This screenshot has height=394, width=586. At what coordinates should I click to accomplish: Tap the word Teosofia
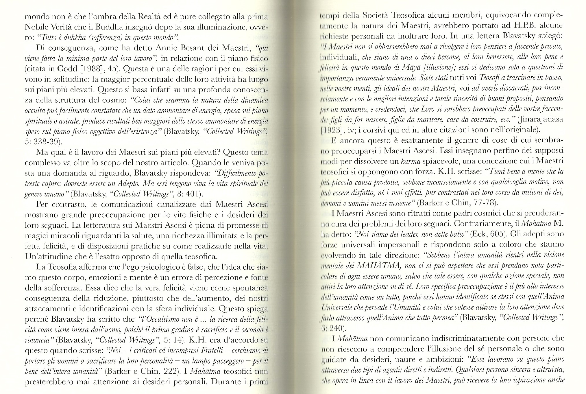(63, 268)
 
